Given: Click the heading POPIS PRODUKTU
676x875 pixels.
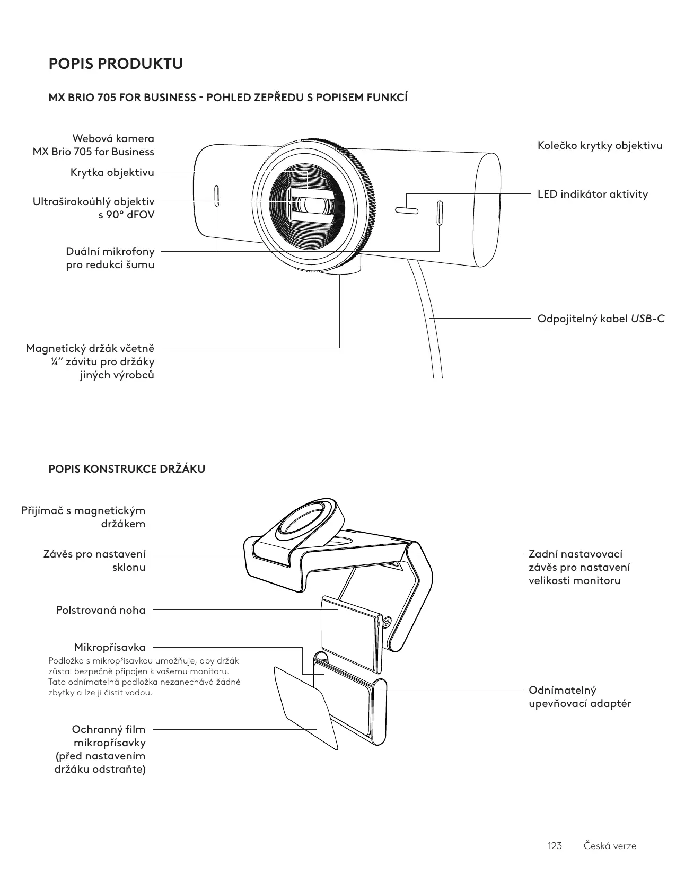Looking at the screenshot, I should (x=116, y=64).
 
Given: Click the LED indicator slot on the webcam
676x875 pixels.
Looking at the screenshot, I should (x=407, y=211).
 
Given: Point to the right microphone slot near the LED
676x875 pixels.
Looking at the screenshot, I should (x=440, y=213).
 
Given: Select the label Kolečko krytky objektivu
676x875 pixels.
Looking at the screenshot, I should (x=600, y=145).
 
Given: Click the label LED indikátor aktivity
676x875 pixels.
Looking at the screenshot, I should (x=592, y=194).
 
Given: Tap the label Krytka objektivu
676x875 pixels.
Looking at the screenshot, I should (x=112, y=172).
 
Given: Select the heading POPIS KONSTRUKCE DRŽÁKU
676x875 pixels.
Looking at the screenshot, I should (x=127, y=469).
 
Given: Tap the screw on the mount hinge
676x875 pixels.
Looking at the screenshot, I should (x=387, y=621).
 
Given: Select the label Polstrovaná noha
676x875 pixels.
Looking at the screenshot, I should (x=101, y=610).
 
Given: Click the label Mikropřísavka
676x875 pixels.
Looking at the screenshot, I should (x=110, y=647).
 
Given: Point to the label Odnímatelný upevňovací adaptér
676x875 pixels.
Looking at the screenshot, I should (x=580, y=697).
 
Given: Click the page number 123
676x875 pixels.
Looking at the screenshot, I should (x=555, y=845).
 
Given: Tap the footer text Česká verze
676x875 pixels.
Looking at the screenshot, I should (x=610, y=845).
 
